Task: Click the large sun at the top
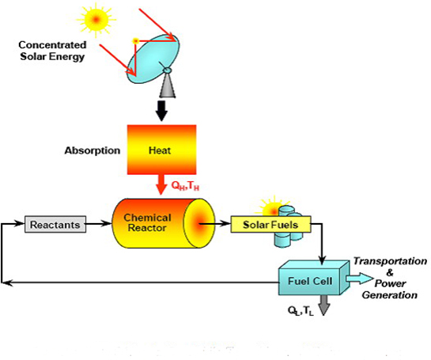(x=96, y=20)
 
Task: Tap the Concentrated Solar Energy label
(x=52, y=51)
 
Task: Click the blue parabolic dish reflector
(x=153, y=59)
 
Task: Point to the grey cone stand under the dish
(x=168, y=85)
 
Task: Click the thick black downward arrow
(x=161, y=111)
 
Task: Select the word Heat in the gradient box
(x=160, y=150)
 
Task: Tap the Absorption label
(x=93, y=150)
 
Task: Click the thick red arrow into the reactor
(x=161, y=184)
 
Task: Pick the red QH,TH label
(x=185, y=186)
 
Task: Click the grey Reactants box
(x=55, y=225)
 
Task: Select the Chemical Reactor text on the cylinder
(x=147, y=222)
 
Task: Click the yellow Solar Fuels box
(x=270, y=225)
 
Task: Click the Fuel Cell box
(x=313, y=278)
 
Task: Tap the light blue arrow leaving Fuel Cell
(x=360, y=279)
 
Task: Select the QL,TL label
(x=301, y=311)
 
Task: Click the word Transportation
(x=390, y=261)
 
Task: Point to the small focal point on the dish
(x=135, y=41)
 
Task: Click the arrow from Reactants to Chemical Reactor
(x=99, y=224)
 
